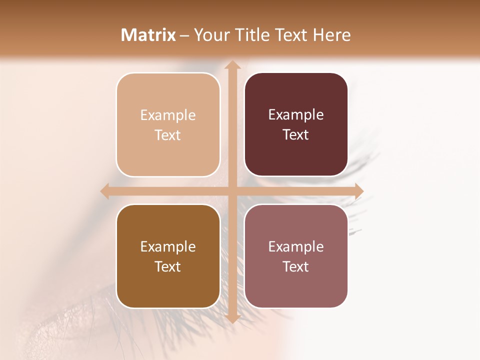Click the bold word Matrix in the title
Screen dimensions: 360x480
click(148, 35)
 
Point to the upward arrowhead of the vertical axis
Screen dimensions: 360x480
click(232, 65)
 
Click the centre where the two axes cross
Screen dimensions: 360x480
click(232, 191)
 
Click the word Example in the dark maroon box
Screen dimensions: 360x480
click(296, 115)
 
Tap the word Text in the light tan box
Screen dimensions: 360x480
click(168, 135)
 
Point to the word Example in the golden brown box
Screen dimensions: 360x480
click(168, 246)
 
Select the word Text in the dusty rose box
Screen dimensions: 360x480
click(296, 266)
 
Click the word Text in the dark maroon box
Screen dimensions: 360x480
click(296, 135)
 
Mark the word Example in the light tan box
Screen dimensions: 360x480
click(168, 115)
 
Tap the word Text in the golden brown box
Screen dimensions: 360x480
click(168, 266)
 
